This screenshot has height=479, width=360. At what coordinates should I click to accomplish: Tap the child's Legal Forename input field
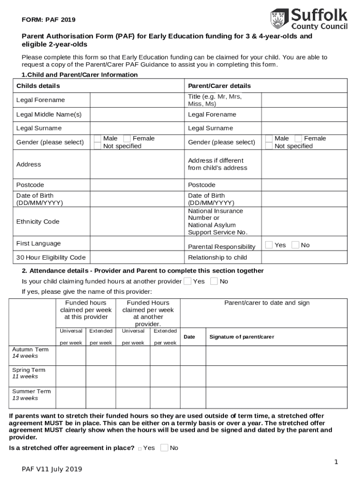pyautogui.click(x=137, y=100)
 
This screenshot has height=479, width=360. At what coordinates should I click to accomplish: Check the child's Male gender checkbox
pyautogui.click(x=97, y=138)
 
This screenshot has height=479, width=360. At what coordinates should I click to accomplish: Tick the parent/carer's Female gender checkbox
pyautogui.click(x=298, y=138)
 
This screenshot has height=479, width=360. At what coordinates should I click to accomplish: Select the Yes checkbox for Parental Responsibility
pyautogui.click(x=269, y=245)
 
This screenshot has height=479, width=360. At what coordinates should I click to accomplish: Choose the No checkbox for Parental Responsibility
pyautogui.click(x=295, y=245)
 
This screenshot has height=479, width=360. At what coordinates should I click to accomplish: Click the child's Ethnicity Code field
pyautogui.click(x=137, y=222)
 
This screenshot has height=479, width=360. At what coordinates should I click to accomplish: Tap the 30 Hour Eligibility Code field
pyautogui.click(x=137, y=258)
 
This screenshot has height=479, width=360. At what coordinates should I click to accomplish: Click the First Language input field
pyautogui.click(x=137, y=244)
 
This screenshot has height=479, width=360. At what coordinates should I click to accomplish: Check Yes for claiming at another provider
pyautogui.click(x=187, y=281)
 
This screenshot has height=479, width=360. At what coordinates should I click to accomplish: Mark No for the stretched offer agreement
pyautogui.click(x=164, y=448)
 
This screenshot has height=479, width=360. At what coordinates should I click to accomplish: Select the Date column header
pyautogui.click(x=189, y=337)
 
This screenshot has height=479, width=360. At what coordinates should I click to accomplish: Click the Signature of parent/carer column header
pyautogui.click(x=241, y=337)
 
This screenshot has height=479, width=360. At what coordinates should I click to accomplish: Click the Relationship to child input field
pyautogui.click(x=304, y=258)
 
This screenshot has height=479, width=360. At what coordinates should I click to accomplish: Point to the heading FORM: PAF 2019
pyautogui.click(x=49, y=20)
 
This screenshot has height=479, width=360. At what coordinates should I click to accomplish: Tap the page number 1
pyautogui.click(x=336, y=462)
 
